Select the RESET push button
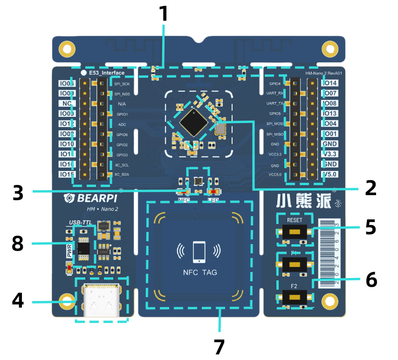(x=295, y=231)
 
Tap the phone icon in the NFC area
(x=199, y=252)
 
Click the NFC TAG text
(x=200, y=272)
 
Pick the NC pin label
(x=67, y=103)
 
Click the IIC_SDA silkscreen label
(x=122, y=175)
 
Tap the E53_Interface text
(x=107, y=73)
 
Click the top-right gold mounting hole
(x=330, y=49)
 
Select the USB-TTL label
(x=81, y=223)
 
